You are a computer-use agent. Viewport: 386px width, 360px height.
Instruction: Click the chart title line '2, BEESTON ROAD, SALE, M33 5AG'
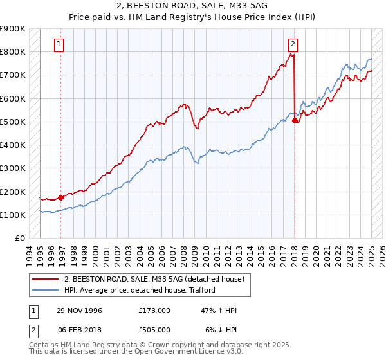pyautogui.click(x=192, y=6)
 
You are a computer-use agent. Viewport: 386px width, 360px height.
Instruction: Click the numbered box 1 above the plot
pyautogui.click(x=59, y=44)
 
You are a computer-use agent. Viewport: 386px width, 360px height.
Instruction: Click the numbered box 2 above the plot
pyautogui.click(x=293, y=44)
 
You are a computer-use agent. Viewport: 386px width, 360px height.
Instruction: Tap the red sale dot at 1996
pyautogui.click(x=61, y=197)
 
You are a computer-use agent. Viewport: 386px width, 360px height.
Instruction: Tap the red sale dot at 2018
pyautogui.click(x=295, y=120)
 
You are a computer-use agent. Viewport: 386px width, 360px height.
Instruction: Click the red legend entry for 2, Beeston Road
pyautogui.click(x=154, y=279)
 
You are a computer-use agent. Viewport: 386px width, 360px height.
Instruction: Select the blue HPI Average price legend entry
pyautogui.click(x=139, y=290)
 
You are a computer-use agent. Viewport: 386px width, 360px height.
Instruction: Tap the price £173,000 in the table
pyautogui.click(x=154, y=310)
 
